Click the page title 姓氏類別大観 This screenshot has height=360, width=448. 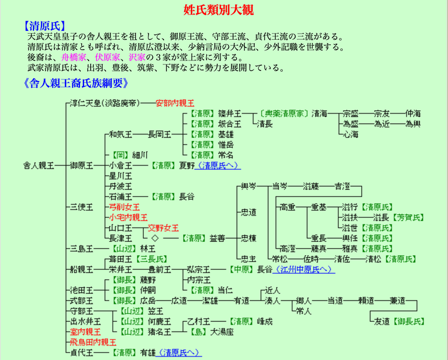pyautogui.click(x=223, y=9)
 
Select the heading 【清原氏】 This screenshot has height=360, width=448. pyautogui.click(x=44, y=25)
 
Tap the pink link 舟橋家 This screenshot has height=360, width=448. pyautogui.click(x=74, y=57)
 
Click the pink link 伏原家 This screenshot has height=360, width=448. pyautogui.click(x=107, y=57)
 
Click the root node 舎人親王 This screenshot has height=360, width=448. pyautogui.click(x=39, y=166)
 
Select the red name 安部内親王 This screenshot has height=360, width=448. pyautogui.click(x=175, y=103)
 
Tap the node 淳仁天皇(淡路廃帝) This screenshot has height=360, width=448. pyautogui.click(x=104, y=103)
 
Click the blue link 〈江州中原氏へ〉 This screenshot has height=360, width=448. pyautogui.click(x=305, y=269)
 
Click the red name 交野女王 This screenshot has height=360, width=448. pyautogui.click(x=163, y=228)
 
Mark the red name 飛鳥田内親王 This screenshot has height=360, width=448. pyautogui.click(x=93, y=342)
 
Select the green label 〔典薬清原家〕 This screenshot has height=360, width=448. pyautogui.click(x=284, y=113)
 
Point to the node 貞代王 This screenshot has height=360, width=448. pyautogui.click(x=81, y=352)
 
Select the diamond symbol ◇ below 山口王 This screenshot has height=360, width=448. pyautogui.click(x=155, y=238)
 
